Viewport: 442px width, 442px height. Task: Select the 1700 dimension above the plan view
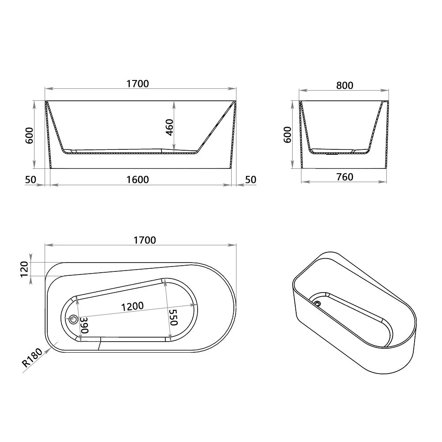[145, 240]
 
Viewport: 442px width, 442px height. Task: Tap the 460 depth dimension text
[168, 127]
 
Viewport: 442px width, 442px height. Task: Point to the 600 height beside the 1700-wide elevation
[29, 135]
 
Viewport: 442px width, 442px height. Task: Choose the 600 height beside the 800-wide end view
[287, 134]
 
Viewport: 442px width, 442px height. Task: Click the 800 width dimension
[344, 85]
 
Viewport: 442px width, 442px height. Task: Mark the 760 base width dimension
[344, 177]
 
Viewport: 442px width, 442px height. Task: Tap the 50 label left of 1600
[30, 179]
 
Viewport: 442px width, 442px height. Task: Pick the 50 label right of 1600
[251, 179]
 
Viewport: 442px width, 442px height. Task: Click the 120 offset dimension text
[24, 269]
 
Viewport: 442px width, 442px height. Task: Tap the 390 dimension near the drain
[84, 326]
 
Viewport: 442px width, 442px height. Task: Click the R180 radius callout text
[32, 358]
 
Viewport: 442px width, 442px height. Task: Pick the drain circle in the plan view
[74, 319]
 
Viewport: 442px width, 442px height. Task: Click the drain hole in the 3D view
[317, 303]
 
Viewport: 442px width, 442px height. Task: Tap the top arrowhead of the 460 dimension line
[174, 103]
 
